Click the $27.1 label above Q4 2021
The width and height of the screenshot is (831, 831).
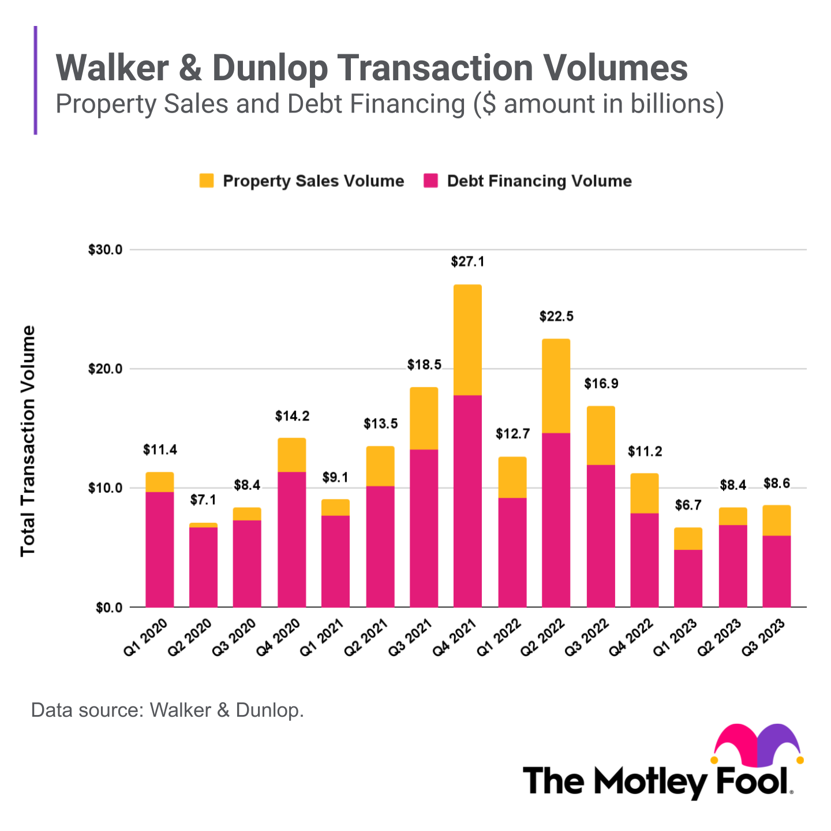pyautogui.click(x=467, y=262)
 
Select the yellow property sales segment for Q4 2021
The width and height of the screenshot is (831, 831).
pyautogui.click(x=467, y=340)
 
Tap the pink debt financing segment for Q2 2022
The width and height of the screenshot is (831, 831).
pyautogui.click(x=556, y=519)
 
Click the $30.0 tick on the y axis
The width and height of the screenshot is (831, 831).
pyautogui.click(x=105, y=250)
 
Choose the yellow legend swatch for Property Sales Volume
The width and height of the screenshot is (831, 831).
pyautogui.click(x=207, y=181)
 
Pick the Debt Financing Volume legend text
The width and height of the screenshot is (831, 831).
pyautogui.click(x=539, y=181)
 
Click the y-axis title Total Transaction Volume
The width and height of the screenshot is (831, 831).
pyautogui.click(x=28, y=441)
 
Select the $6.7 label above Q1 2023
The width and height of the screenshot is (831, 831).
pyautogui.click(x=688, y=506)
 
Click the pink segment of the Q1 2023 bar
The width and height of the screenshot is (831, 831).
pyautogui.click(x=688, y=578)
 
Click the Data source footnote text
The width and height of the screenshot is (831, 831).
pyautogui.click(x=167, y=710)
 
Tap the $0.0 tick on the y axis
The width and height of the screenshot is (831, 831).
pyautogui.click(x=108, y=607)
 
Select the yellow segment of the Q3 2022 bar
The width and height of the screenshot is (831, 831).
pyautogui.click(x=600, y=436)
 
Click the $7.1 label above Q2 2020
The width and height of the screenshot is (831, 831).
pyautogui.click(x=203, y=500)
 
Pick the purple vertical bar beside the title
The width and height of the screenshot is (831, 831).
pyautogui.click(x=36, y=80)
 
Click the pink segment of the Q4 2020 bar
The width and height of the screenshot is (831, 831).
pyautogui.click(x=291, y=539)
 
